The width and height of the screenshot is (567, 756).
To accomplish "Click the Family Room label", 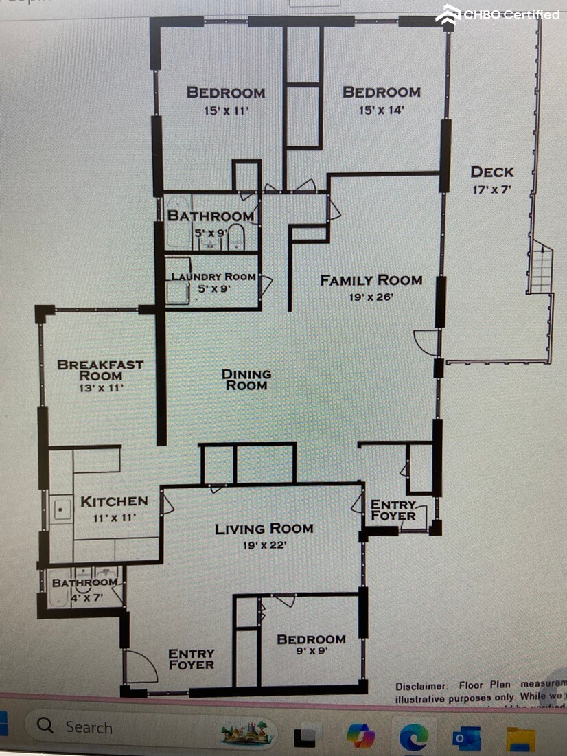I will tap(371, 280).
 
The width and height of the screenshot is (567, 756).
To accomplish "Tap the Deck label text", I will tap(491, 172).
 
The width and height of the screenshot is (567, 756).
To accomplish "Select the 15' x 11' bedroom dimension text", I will tap(226, 110).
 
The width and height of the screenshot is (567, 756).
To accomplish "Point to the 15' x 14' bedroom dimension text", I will tap(382, 110).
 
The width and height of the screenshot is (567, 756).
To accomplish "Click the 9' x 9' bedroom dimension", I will tap(311, 652).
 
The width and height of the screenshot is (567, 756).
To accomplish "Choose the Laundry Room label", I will tap(213, 277).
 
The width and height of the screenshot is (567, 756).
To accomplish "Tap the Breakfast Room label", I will tap(100, 370).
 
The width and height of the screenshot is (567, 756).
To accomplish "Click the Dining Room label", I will tap(246, 380).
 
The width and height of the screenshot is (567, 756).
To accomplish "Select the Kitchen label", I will tap(114, 502).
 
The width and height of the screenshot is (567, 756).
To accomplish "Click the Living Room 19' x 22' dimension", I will tap(264, 545).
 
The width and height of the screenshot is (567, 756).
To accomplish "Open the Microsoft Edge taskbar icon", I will tap(414, 737).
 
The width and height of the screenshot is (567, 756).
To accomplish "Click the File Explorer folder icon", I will tap(520, 739).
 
